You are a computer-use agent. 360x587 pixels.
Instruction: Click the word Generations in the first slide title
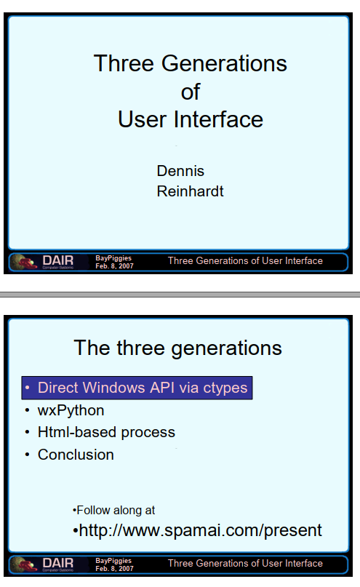pyautogui.click(x=224, y=63)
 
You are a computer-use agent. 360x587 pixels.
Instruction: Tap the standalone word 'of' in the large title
pyautogui.click(x=191, y=92)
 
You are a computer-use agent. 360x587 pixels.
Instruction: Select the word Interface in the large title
pyautogui.click(x=217, y=119)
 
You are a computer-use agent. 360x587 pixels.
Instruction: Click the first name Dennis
pyautogui.click(x=180, y=171)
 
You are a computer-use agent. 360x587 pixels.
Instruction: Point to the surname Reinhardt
pyautogui.click(x=190, y=191)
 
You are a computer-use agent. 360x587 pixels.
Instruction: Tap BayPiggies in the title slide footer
pyautogui.click(x=113, y=258)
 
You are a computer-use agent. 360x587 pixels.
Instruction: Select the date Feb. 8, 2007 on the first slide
pyautogui.click(x=114, y=265)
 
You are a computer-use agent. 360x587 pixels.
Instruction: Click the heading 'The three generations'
pyautogui.click(x=177, y=348)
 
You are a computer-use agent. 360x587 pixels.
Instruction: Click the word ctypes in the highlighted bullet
pyautogui.click(x=225, y=388)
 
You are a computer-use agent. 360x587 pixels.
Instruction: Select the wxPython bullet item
pyautogui.click(x=71, y=411)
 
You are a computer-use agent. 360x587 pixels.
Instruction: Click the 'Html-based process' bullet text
pyautogui.click(x=106, y=432)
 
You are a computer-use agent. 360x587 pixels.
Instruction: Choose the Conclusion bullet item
pyautogui.click(x=76, y=455)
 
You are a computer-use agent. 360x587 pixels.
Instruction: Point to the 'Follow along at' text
pyautogui.click(x=116, y=510)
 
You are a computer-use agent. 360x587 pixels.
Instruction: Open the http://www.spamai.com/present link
pyautogui.click(x=200, y=530)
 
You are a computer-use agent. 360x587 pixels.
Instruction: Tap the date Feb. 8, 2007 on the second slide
pyautogui.click(x=114, y=568)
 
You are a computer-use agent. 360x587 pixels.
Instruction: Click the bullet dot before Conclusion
pyautogui.click(x=27, y=455)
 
